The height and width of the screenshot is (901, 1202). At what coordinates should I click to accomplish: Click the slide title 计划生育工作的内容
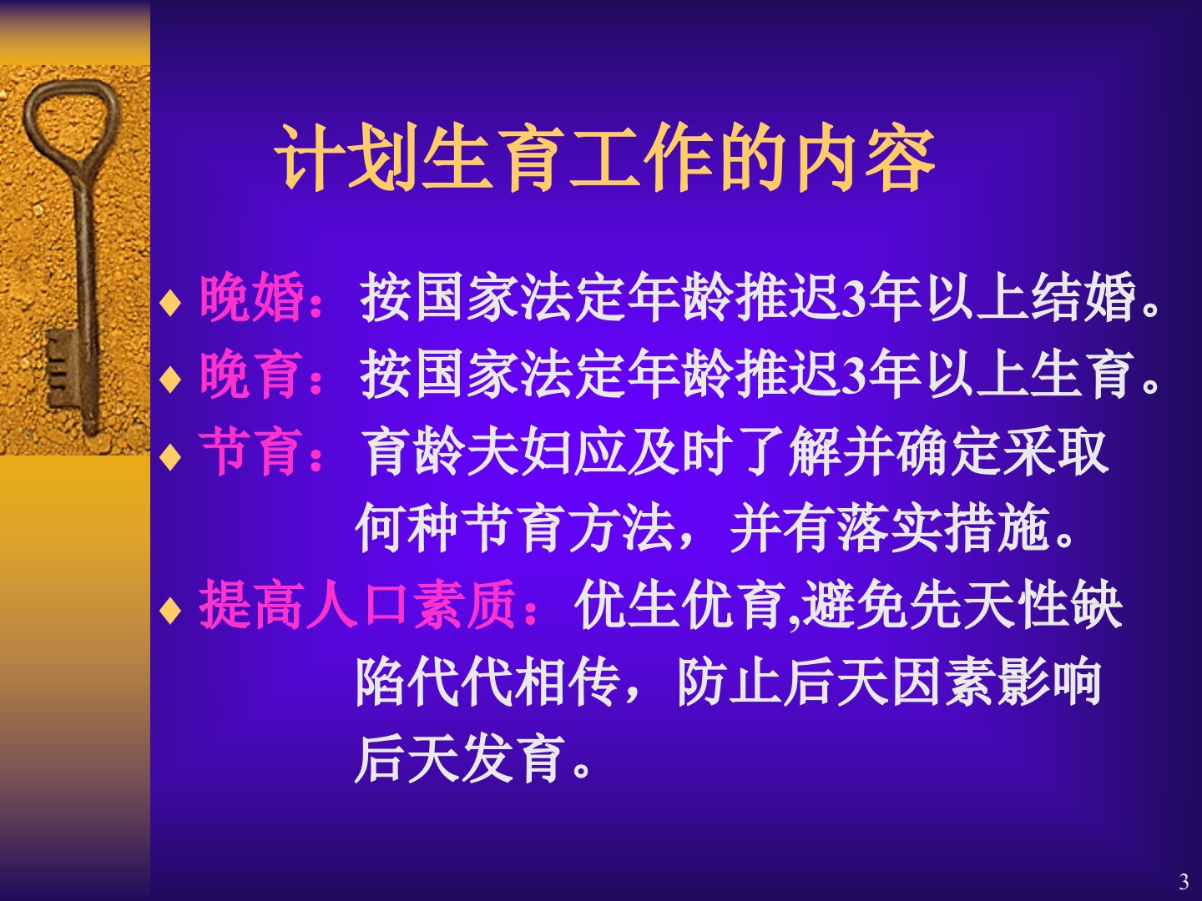(604, 159)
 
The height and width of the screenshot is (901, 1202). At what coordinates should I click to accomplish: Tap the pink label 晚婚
(251, 297)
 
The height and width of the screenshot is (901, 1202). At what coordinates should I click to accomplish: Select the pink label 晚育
(251, 375)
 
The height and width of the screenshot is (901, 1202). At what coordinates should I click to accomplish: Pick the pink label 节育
(251, 451)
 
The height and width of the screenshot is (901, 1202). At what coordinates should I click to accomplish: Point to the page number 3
(1184, 882)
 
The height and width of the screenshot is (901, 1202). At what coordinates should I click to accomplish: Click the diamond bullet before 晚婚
(170, 303)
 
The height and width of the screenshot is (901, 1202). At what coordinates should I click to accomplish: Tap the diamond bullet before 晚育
(170, 379)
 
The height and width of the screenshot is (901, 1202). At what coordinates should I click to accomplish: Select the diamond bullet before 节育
(170, 456)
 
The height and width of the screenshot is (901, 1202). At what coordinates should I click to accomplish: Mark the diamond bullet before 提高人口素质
(170, 610)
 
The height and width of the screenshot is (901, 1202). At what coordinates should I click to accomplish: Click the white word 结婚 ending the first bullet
(1083, 297)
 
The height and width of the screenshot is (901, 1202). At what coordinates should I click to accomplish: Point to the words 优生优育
(679, 605)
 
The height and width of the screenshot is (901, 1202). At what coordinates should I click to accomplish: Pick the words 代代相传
(460, 682)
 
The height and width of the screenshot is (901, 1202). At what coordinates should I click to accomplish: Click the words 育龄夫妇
(467, 451)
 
